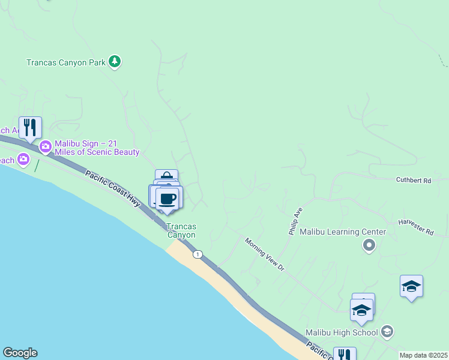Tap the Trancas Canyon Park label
click(x=66, y=62)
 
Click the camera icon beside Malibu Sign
click(x=45, y=146)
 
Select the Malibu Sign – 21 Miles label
click(x=97, y=148)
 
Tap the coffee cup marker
click(x=167, y=199)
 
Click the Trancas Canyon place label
click(x=181, y=231)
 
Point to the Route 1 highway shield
click(x=197, y=254)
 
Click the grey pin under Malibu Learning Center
click(x=369, y=245)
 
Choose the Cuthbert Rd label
click(x=414, y=180)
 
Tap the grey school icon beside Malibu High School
click(x=387, y=332)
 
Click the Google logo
click(x=20, y=353)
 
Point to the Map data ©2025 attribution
click(x=423, y=355)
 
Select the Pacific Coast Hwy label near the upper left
click(x=113, y=188)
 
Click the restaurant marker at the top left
click(x=30, y=127)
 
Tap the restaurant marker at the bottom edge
click(x=345, y=355)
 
